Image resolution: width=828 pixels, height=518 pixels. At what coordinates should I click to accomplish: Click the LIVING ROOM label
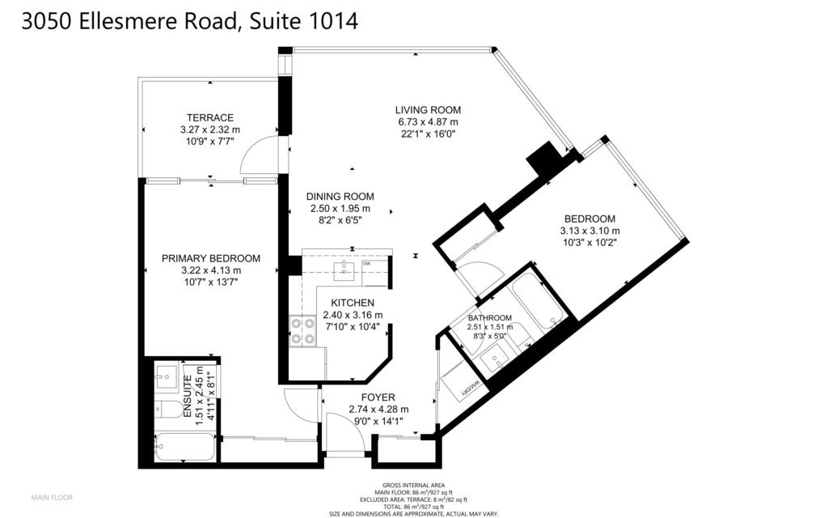click(428, 110)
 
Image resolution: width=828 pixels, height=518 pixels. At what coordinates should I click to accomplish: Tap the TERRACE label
click(209, 118)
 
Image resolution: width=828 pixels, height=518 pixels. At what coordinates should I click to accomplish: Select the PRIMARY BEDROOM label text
click(211, 258)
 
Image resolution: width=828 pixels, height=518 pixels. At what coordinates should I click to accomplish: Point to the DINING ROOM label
click(340, 197)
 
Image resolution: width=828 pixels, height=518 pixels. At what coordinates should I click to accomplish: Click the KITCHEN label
click(353, 303)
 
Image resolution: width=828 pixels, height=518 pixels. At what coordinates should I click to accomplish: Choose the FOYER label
click(378, 397)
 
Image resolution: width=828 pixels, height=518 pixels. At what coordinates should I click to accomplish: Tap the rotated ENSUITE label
click(187, 397)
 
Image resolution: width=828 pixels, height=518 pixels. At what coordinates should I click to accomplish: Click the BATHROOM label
click(489, 317)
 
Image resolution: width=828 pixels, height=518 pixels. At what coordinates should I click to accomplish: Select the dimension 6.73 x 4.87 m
click(428, 122)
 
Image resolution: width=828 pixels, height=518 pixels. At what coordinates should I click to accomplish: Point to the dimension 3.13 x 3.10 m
click(589, 231)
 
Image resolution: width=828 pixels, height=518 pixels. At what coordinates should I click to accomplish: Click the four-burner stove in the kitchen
click(302, 331)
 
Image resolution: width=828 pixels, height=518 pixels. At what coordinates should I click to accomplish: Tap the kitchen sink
click(346, 270)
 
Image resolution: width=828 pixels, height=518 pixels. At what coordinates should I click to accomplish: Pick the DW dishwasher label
click(366, 263)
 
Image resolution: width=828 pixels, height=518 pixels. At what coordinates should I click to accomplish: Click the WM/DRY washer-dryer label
click(471, 388)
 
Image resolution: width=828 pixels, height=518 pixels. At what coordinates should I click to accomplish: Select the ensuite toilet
click(168, 409)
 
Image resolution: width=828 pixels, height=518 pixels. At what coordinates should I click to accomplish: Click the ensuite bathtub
click(184, 447)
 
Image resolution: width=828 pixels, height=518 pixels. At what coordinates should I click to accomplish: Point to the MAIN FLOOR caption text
click(52, 498)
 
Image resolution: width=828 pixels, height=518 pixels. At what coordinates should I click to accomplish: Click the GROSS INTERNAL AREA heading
click(413, 486)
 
